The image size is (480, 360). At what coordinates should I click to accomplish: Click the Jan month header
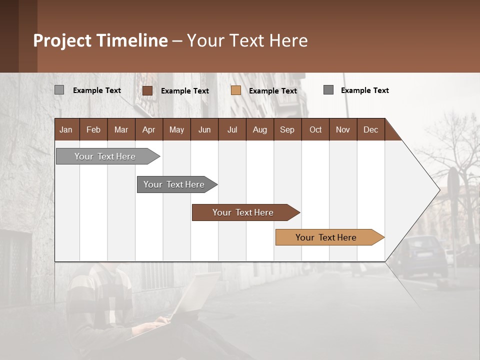pyautogui.click(x=66, y=129)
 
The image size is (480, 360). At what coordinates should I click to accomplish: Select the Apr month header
pyautogui.click(x=148, y=129)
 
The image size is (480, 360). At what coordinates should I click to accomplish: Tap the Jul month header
pyautogui.click(x=232, y=129)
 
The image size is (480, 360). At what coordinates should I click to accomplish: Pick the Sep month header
pyautogui.click(x=287, y=129)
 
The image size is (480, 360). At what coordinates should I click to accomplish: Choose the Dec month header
pyautogui.click(x=370, y=129)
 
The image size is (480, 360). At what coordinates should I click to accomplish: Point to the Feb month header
pyautogui.click(x=93, y=129)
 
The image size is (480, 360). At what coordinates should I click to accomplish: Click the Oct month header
pyautogui.click(x=315, y=129)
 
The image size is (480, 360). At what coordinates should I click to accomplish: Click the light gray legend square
pyautogui.click(x=59, y=90)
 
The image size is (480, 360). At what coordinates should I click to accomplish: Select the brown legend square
pyautogui.click(x=147, y=90)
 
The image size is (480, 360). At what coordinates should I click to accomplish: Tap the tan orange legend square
pyautogui.click(x=236, y=90)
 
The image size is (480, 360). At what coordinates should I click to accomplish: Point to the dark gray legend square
pyautogui.click(x=328, y=90)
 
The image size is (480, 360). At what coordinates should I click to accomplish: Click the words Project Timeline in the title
pyautogui.click(x=100, y=40)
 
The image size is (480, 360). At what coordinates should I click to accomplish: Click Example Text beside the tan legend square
pyautogui.click(x=273, y=91)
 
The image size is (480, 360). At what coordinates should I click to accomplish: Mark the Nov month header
pyautogui.click(x=343, y=129)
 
